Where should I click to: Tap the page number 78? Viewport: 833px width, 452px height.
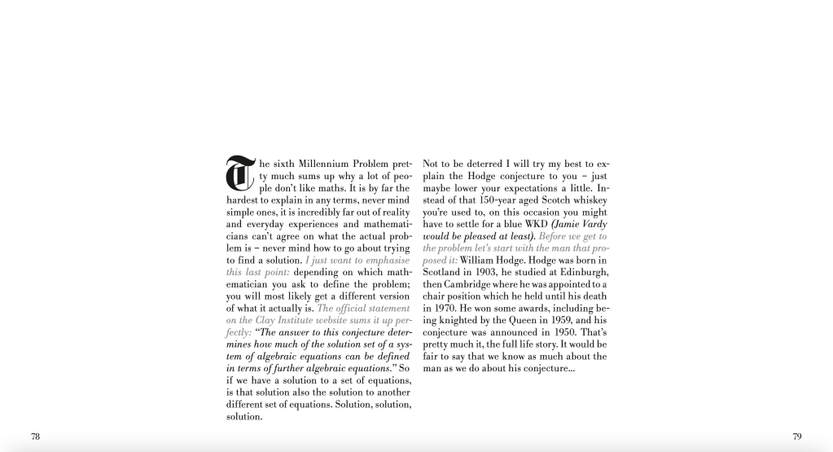(x=35, y=437)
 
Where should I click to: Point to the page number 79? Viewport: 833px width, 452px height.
(x=796, y=437)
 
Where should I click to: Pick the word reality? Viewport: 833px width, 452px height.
(x=395, y=212)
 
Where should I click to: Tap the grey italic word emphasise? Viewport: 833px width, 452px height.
(x=388, y=260)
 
